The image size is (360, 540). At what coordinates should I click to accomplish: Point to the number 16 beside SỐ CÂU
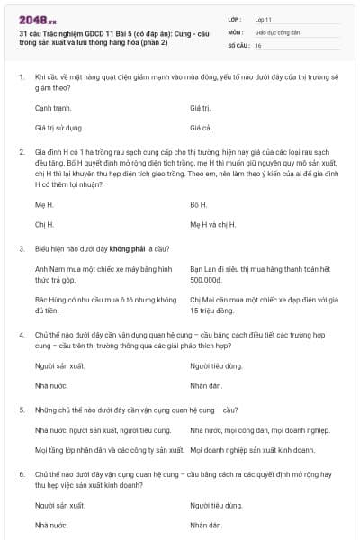click(258, 45)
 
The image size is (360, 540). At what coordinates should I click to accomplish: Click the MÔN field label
click(236, 31)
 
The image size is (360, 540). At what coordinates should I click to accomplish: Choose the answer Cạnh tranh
click(53, 107)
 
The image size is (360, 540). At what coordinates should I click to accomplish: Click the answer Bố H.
click(199, 204)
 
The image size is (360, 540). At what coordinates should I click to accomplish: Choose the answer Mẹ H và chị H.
click(213, 224)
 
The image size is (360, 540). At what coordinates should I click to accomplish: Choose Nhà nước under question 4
click(51, 387)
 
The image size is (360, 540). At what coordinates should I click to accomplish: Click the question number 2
click(21, 152)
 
